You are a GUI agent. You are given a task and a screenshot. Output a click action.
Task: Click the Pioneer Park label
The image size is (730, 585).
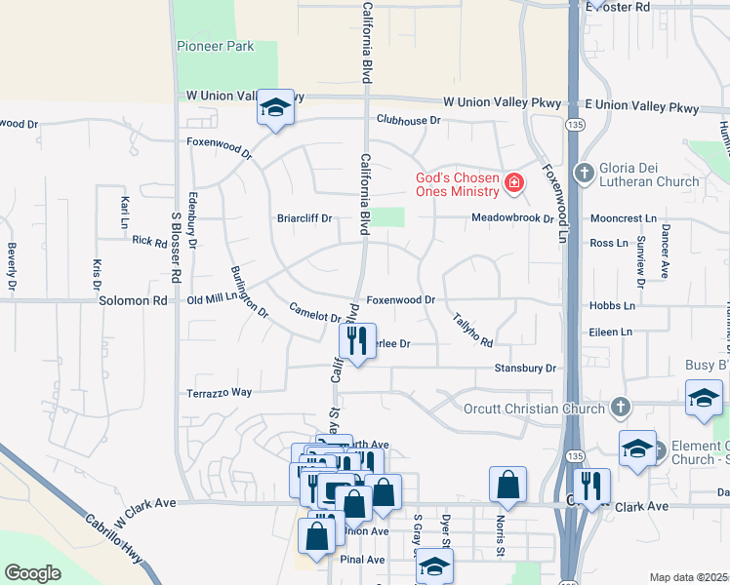[x=215, y=46]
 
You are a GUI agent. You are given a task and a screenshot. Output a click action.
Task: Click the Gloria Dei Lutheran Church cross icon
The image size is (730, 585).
[x=585, y=173]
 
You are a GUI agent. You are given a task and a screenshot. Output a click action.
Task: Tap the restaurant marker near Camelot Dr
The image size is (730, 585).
[x=356, y=341]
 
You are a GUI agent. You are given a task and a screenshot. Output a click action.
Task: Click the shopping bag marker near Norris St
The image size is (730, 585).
[x=507, y=485]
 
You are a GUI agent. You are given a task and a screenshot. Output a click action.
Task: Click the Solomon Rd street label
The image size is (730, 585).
[x=134, y=301]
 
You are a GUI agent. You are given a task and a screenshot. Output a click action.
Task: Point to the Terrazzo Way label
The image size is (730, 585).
[x=220, y=393]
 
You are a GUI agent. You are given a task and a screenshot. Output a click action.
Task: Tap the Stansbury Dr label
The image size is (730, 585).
[x=524, y=369]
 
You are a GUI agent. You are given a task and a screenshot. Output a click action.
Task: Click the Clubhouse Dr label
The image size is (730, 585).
[x=409, y=120]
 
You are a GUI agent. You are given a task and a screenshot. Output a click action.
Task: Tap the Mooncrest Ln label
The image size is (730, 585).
[x=624, y=219]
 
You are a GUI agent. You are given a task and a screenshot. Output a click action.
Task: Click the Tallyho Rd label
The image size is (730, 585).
[x=473, y=330]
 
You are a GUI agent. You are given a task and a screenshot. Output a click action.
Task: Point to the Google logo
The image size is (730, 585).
[x=32, y=573]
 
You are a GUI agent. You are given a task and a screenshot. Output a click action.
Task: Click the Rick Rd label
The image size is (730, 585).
[x=149, y=241]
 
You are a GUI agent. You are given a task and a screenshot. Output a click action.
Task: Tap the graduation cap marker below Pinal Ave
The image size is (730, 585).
[x=434, y=565]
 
